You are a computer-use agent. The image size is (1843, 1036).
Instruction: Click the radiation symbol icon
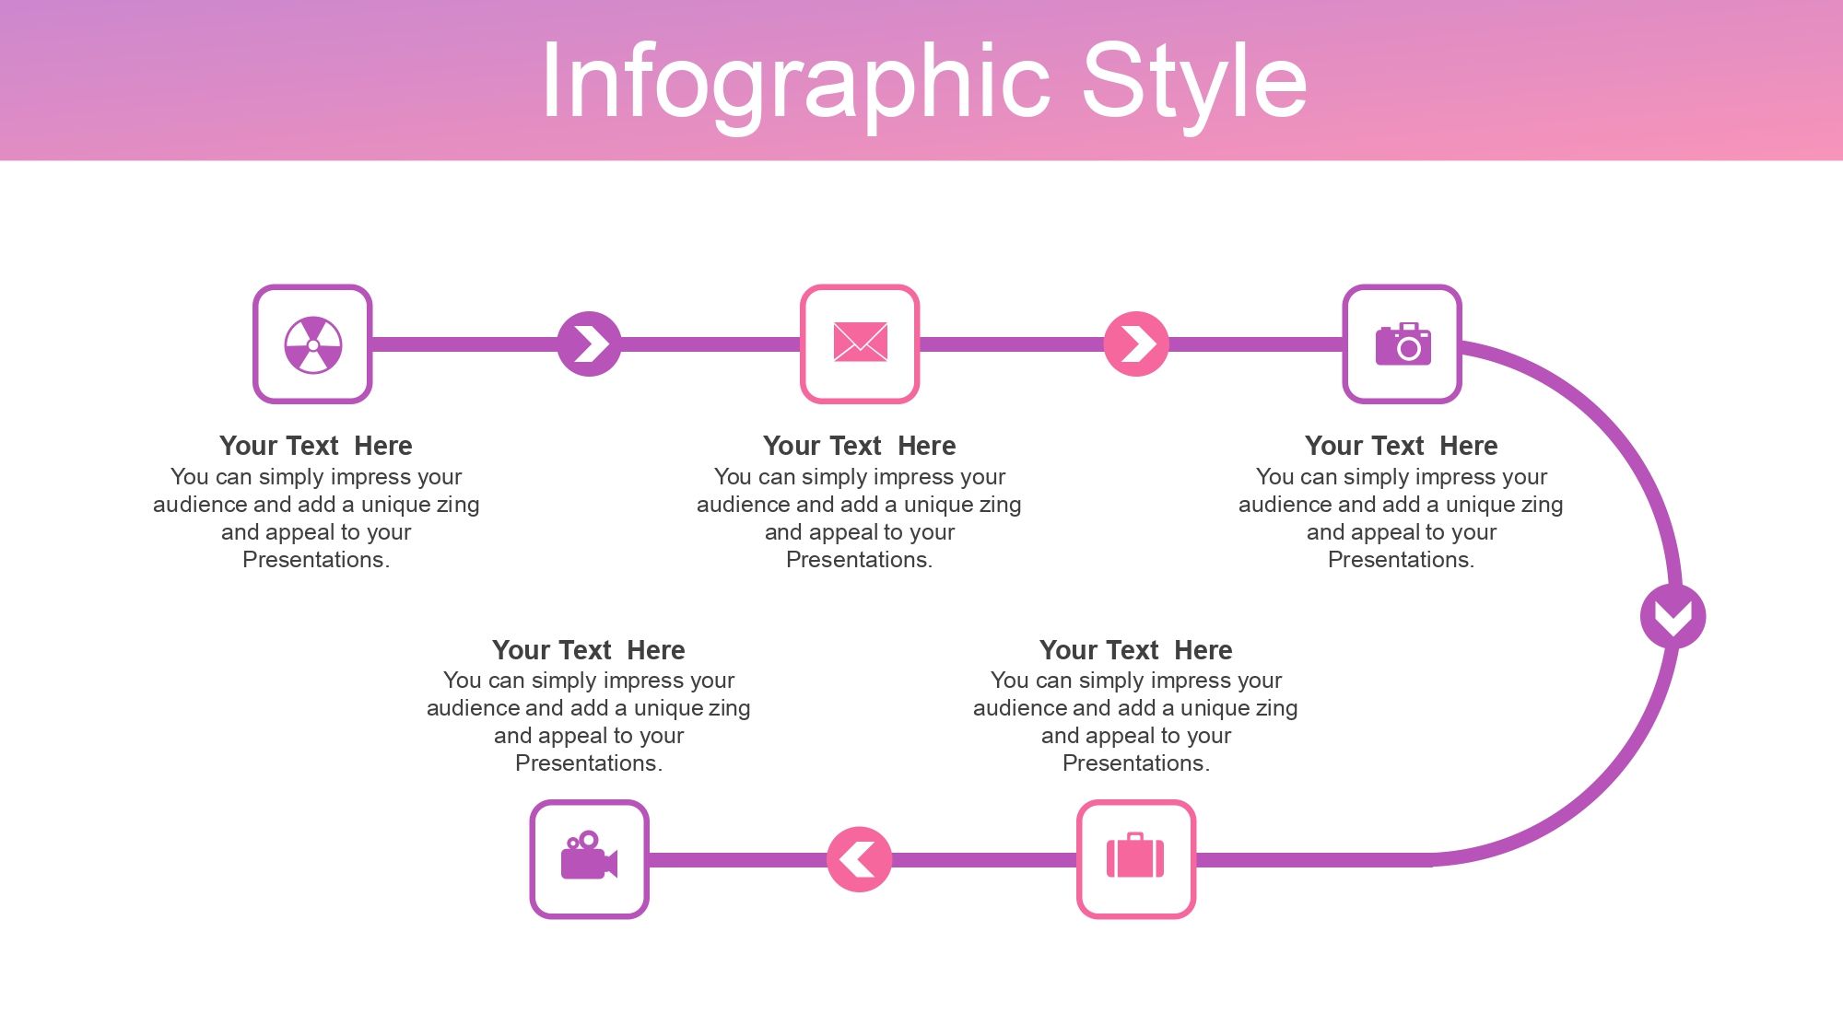[313, 345]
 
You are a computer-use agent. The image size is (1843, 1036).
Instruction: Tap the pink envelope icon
[860, 343]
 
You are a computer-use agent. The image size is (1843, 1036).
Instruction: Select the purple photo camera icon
[1403, 344]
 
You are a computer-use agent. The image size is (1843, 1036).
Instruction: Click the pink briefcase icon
[1135, 856]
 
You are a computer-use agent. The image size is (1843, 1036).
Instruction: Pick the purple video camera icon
[589, 856]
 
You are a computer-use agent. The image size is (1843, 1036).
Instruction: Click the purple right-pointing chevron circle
[589, 344]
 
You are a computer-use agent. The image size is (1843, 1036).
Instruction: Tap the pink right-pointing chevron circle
[1136, 344]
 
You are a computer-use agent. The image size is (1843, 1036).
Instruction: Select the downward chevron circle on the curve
[1673, 616]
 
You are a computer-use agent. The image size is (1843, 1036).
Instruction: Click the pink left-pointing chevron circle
[859, 859]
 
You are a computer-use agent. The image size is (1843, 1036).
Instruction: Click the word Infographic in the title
[795, 83]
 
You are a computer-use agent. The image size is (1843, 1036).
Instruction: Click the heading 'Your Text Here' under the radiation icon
[315, 446]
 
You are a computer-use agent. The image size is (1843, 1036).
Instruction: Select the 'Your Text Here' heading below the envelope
[859, 446]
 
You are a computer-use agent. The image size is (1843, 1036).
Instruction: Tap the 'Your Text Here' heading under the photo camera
[1401, 446]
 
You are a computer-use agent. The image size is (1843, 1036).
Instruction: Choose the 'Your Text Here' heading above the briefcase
[1135, 650]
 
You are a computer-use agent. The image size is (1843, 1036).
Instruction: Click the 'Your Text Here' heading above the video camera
[588, 650]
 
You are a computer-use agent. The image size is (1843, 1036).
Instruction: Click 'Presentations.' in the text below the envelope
[859, 560]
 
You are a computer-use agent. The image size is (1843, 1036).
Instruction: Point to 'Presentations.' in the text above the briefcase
[1135, 763]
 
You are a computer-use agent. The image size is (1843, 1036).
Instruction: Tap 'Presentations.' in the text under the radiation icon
[315, 560]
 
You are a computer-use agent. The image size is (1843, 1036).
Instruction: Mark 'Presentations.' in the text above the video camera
[588, 763]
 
